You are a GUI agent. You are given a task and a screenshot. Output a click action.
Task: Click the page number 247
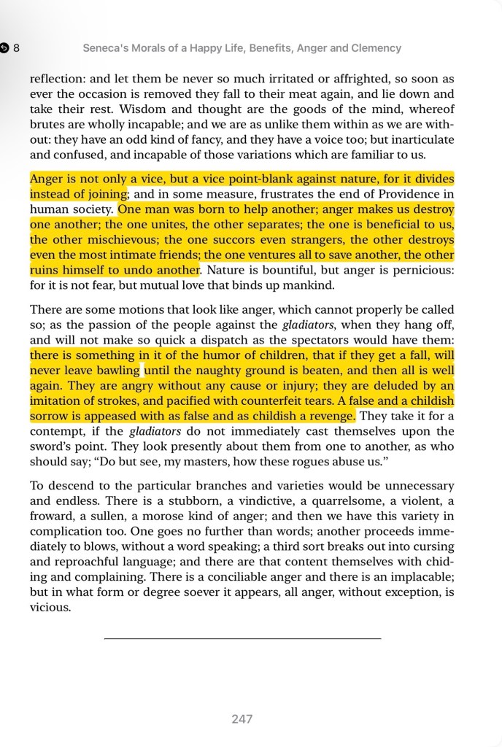pyautogui.click(x=242, y=719)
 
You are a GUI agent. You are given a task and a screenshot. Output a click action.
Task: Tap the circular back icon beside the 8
pyautogui.click(x=5, y=48)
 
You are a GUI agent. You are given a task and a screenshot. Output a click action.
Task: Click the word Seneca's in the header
pyautogui.click(x=107, y=48)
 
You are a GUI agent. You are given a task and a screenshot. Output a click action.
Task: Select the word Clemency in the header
pyautogui.click(x=376, y=48)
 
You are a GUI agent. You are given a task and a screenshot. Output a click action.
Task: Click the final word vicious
pyautogui.click(x=50, y=606)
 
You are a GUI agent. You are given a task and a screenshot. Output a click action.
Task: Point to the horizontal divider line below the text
pyautogui.click(x=242, y=639)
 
